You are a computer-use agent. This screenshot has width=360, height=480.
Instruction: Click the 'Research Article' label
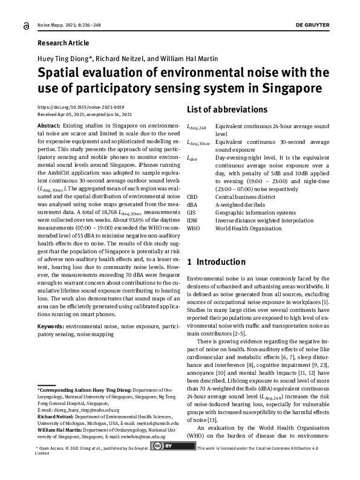click(x=63, y=43)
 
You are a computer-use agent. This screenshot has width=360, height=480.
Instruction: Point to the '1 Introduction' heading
click(x=216, y=262)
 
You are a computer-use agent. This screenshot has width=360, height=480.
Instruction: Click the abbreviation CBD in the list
click(x=193, y=196)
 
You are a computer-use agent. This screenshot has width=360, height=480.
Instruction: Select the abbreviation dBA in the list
click(x=193, y=204)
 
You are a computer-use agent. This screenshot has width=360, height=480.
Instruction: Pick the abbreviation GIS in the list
click(x=192, y=212)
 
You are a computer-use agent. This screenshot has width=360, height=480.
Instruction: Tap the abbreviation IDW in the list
click(x=193, y=220)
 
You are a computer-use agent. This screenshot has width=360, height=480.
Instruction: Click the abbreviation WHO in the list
click(x=194, y=228)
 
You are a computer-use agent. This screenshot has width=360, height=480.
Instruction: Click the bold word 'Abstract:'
click(x=49, y=123)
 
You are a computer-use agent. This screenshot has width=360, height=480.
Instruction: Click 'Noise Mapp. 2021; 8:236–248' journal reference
click(x=69, y=25)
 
